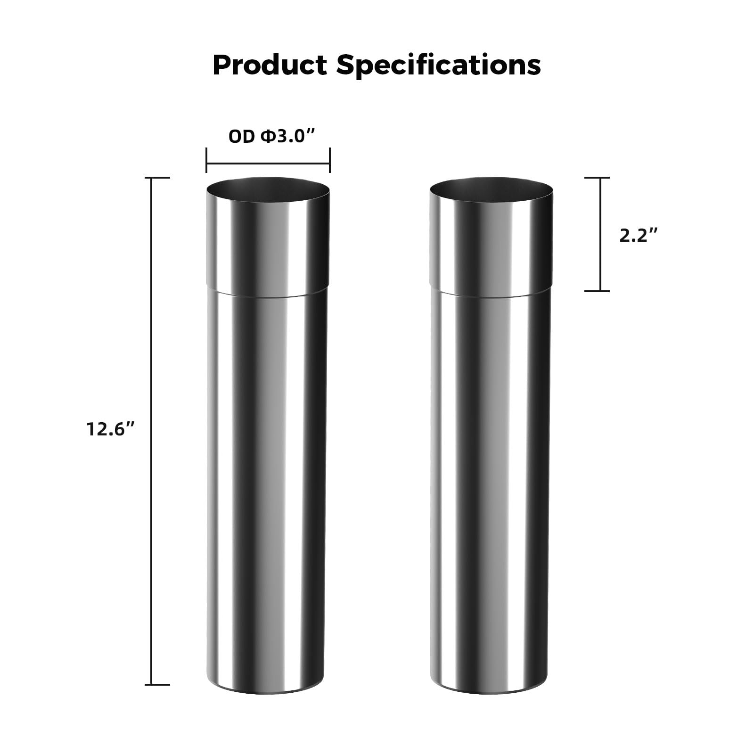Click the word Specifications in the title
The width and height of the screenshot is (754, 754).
pos(438,66)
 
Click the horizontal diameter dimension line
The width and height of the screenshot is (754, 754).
pos(268,164)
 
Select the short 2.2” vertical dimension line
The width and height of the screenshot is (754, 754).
pos(600,234)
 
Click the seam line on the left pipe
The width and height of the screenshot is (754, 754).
pos(268,295)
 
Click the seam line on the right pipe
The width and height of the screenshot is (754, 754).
pos(492,295)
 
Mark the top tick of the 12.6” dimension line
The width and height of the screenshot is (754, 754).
pos(157,178)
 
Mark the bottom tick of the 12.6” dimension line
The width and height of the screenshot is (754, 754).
pos(157,684)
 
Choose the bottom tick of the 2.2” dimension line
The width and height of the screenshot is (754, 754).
pos(597,291)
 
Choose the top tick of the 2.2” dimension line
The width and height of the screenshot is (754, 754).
pos(597,178)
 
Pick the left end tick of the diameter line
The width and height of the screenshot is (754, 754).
pos(206,160)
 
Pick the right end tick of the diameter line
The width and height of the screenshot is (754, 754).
pos(329,160)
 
